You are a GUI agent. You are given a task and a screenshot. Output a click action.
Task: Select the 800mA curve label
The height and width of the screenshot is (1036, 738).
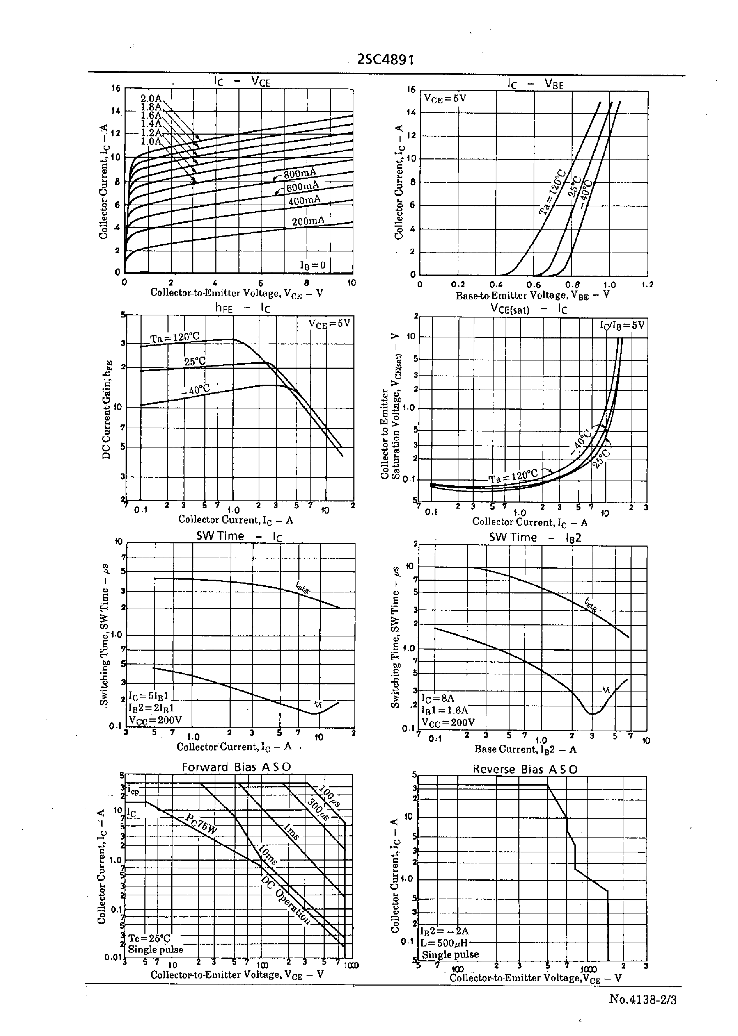pyautogui.click(x=300, y=174)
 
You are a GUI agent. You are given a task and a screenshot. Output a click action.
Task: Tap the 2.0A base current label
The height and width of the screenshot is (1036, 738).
pyautogui.click(x=151, y=99)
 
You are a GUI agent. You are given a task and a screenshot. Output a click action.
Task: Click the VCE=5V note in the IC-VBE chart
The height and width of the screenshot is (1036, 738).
pyautogui.click(x=445, y=98)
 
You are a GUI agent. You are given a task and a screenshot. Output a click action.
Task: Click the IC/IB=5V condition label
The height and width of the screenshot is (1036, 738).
pyautogui.click(x=622, y=325)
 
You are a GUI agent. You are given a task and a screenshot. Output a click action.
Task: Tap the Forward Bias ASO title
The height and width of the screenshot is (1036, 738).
pyautogui.click(x=236, y=767)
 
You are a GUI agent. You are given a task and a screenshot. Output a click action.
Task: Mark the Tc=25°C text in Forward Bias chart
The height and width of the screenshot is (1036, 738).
pyautogui.click(x=149, y=939)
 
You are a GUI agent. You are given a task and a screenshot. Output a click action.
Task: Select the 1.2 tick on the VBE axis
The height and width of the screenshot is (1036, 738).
pyautogui.click(x=648, y=285)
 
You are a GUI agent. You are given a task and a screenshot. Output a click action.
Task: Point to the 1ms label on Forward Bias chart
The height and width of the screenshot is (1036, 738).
pyautogui.click(x=291, y=832)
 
